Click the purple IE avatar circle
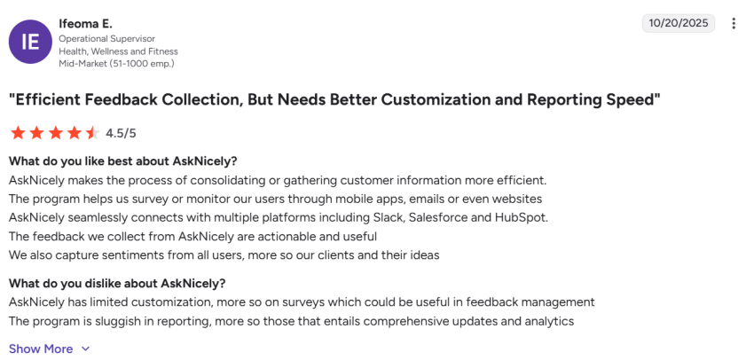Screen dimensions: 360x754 (x=30, y=42)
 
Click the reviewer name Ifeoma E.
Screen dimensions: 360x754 (x=85, y=22)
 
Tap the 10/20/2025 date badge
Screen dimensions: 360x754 (x=679, y=23)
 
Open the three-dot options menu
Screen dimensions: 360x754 (x=734, y=23)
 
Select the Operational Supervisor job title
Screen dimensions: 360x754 (x=106, y=39)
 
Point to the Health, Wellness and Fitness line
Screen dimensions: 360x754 (x=118, y=51)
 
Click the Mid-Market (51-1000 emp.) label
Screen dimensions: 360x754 (x=116, y=64)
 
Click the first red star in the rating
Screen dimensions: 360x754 (x=18, y=133)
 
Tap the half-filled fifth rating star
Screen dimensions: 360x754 (x=92, y=133)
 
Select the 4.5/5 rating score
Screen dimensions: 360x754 (x=121, y=134)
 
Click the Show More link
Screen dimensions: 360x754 (x=41, y=348)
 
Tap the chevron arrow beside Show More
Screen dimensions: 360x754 (x=86, y=348)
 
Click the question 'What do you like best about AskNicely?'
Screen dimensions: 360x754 (x=123, y=160)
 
